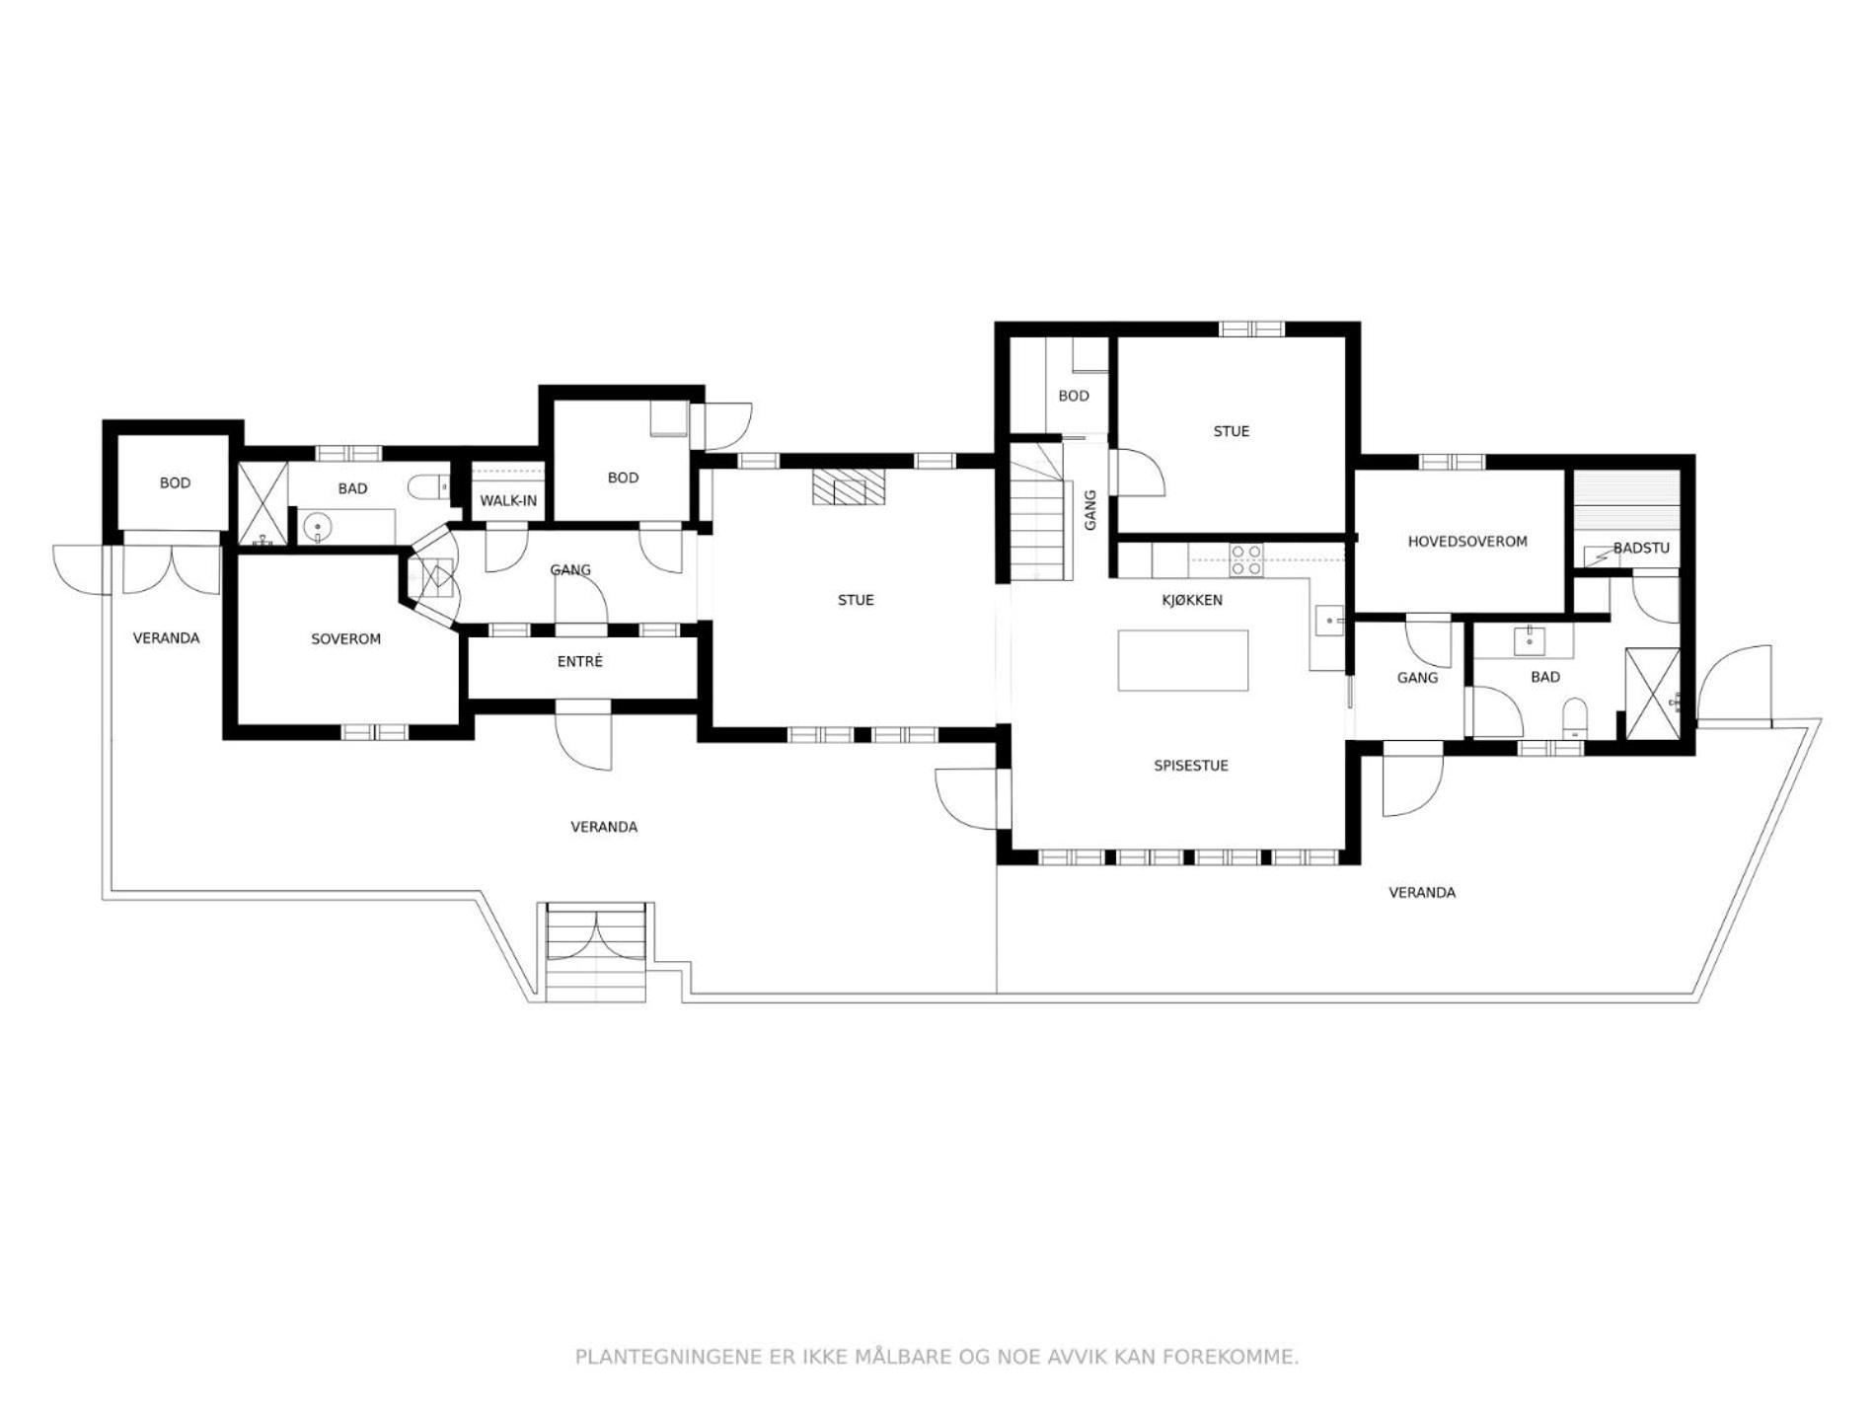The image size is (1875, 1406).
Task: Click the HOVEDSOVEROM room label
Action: coord(1467,542)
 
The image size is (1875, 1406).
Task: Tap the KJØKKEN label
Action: coord(1192,600)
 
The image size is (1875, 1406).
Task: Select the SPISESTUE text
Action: coord(1191,766)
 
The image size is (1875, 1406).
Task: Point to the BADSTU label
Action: coord(1641,548)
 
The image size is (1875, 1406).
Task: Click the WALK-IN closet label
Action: coord(508,501)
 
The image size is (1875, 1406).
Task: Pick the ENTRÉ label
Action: coord(579,661)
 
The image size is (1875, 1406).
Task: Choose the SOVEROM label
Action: coord(345,639)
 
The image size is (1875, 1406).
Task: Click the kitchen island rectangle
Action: coord(1183,660)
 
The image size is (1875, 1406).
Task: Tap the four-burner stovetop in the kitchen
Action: coord(1246,559)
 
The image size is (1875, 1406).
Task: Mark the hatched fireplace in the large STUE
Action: coord(849,487)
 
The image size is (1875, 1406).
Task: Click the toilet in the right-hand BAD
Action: coord(1575,717)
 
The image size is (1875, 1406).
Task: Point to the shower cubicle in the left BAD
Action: coord(263,503)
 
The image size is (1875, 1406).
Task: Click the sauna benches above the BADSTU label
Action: coord(1626,502)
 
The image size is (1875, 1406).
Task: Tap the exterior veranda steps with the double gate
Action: coord(596,952)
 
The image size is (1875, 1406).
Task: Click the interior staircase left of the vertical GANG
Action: coord(1041,512)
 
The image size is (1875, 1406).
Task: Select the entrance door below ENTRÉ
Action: coord(583,735)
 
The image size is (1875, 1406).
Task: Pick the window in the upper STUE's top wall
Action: coord(1252,330)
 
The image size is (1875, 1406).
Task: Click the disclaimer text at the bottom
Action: coord(937,1357)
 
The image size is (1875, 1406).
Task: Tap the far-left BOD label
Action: coord(175,483)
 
